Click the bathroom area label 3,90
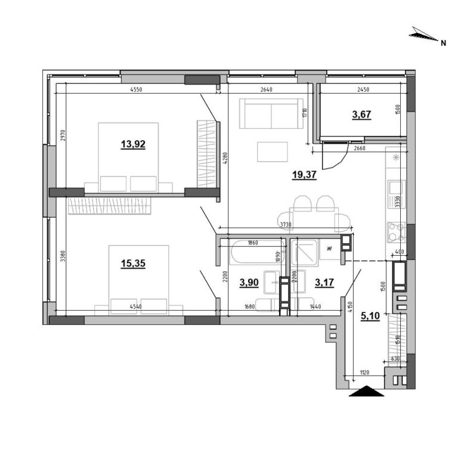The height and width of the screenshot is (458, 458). pyautogui.click(x=249, y=283)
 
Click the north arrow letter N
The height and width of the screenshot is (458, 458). pyautogui.click(x=443, y=43)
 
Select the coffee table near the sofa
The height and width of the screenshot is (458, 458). pyautogui.click(x=273, y=151)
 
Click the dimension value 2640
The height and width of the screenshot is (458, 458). pyautogui.click(x=266, y=90)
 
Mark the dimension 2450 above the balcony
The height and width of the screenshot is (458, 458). pyautogui.click(x=364, y=90)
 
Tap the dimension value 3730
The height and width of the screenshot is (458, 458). pyautogui.click(x=286, y=224)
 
